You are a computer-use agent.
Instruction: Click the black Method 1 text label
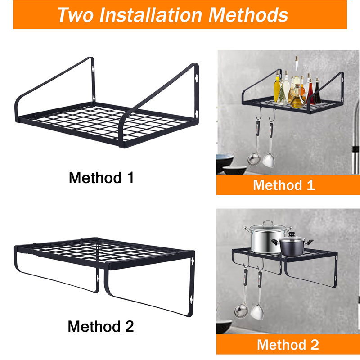tap(101, 177)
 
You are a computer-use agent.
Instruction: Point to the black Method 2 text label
tap(101, 326)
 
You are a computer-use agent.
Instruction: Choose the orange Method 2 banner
tap(288, 345)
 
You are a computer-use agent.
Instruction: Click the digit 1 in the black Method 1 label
tap(130, 177)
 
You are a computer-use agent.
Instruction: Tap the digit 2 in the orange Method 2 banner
tap(314, 345)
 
